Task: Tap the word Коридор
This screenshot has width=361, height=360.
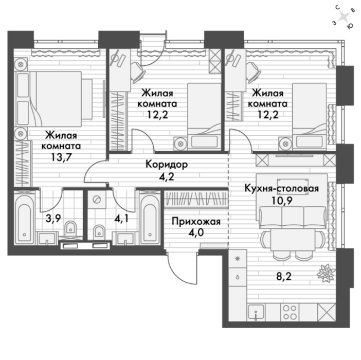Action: coord(167,165)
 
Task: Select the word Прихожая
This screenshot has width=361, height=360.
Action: coord(196,222)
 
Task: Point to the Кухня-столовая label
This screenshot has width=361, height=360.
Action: coord(282,188)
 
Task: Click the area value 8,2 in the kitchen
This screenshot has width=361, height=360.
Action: coord(284,276)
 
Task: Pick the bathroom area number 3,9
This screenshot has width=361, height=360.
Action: coord(53,218)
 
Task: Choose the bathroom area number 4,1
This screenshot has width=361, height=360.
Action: coord(121,218)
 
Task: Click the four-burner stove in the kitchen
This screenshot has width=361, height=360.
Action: coord(290,312)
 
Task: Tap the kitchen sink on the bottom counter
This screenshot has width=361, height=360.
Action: coord(256,312)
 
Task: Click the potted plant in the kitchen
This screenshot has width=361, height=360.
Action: coord(326,274)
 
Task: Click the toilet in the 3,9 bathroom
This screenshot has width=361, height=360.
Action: coord(70,228)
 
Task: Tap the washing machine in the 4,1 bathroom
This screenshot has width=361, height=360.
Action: coord(97,200)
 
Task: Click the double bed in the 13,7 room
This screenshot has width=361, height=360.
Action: coord(53,99)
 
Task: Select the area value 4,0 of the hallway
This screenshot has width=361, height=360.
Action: coord(196,232)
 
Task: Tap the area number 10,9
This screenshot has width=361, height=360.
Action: coord(282,201)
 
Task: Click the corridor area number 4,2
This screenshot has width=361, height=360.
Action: coord(167,177)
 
